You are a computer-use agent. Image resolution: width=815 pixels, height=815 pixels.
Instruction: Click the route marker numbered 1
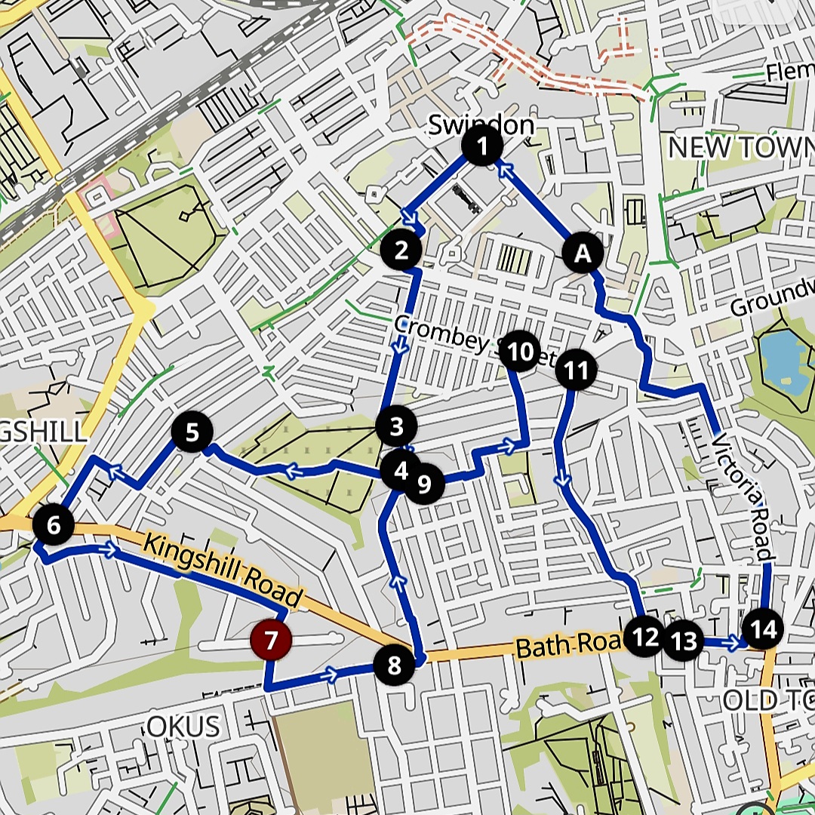[x=483, y=146]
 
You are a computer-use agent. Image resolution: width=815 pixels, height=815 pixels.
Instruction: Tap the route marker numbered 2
[x=401, y=250]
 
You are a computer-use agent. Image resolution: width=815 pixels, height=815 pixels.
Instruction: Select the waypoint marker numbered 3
[x=396, y=427]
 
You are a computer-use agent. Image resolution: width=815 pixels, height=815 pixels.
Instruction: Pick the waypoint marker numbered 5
[x=192, y=432]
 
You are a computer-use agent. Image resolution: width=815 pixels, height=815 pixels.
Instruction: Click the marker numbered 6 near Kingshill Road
[x=53, y=525]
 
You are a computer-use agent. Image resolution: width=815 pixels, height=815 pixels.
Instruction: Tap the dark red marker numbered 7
[x=271, y=641]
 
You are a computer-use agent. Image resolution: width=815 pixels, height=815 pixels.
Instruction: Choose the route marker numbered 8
[x=394, y=666]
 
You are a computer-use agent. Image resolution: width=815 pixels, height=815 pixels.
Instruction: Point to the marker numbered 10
[x=521, y=352]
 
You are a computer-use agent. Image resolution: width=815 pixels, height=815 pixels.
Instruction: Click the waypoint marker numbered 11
[x=576, y=370]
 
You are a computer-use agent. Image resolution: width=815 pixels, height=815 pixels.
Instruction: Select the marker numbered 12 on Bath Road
[x=645, y=638]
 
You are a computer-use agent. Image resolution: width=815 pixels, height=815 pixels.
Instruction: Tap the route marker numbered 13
[x=684, y=641]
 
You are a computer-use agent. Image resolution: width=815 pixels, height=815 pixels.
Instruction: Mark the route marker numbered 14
[x=763, y=629]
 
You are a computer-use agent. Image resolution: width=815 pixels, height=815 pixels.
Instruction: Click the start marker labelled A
[x=583, y=254]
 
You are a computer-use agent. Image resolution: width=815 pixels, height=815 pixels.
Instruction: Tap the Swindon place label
[x=481, y=125]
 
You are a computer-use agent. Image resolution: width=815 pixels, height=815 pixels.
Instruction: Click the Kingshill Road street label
[x=223, y=570]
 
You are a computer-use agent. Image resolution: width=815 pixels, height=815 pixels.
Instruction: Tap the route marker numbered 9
[x=424, y=484]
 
